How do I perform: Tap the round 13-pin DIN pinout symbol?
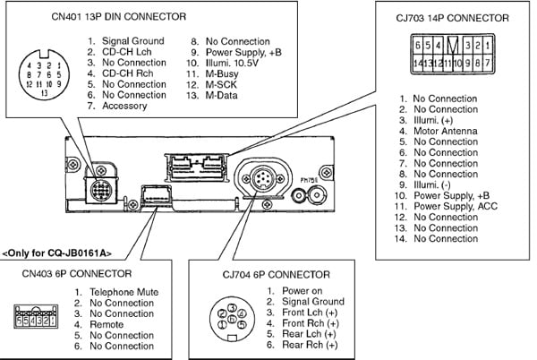click(x=41, y=77)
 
